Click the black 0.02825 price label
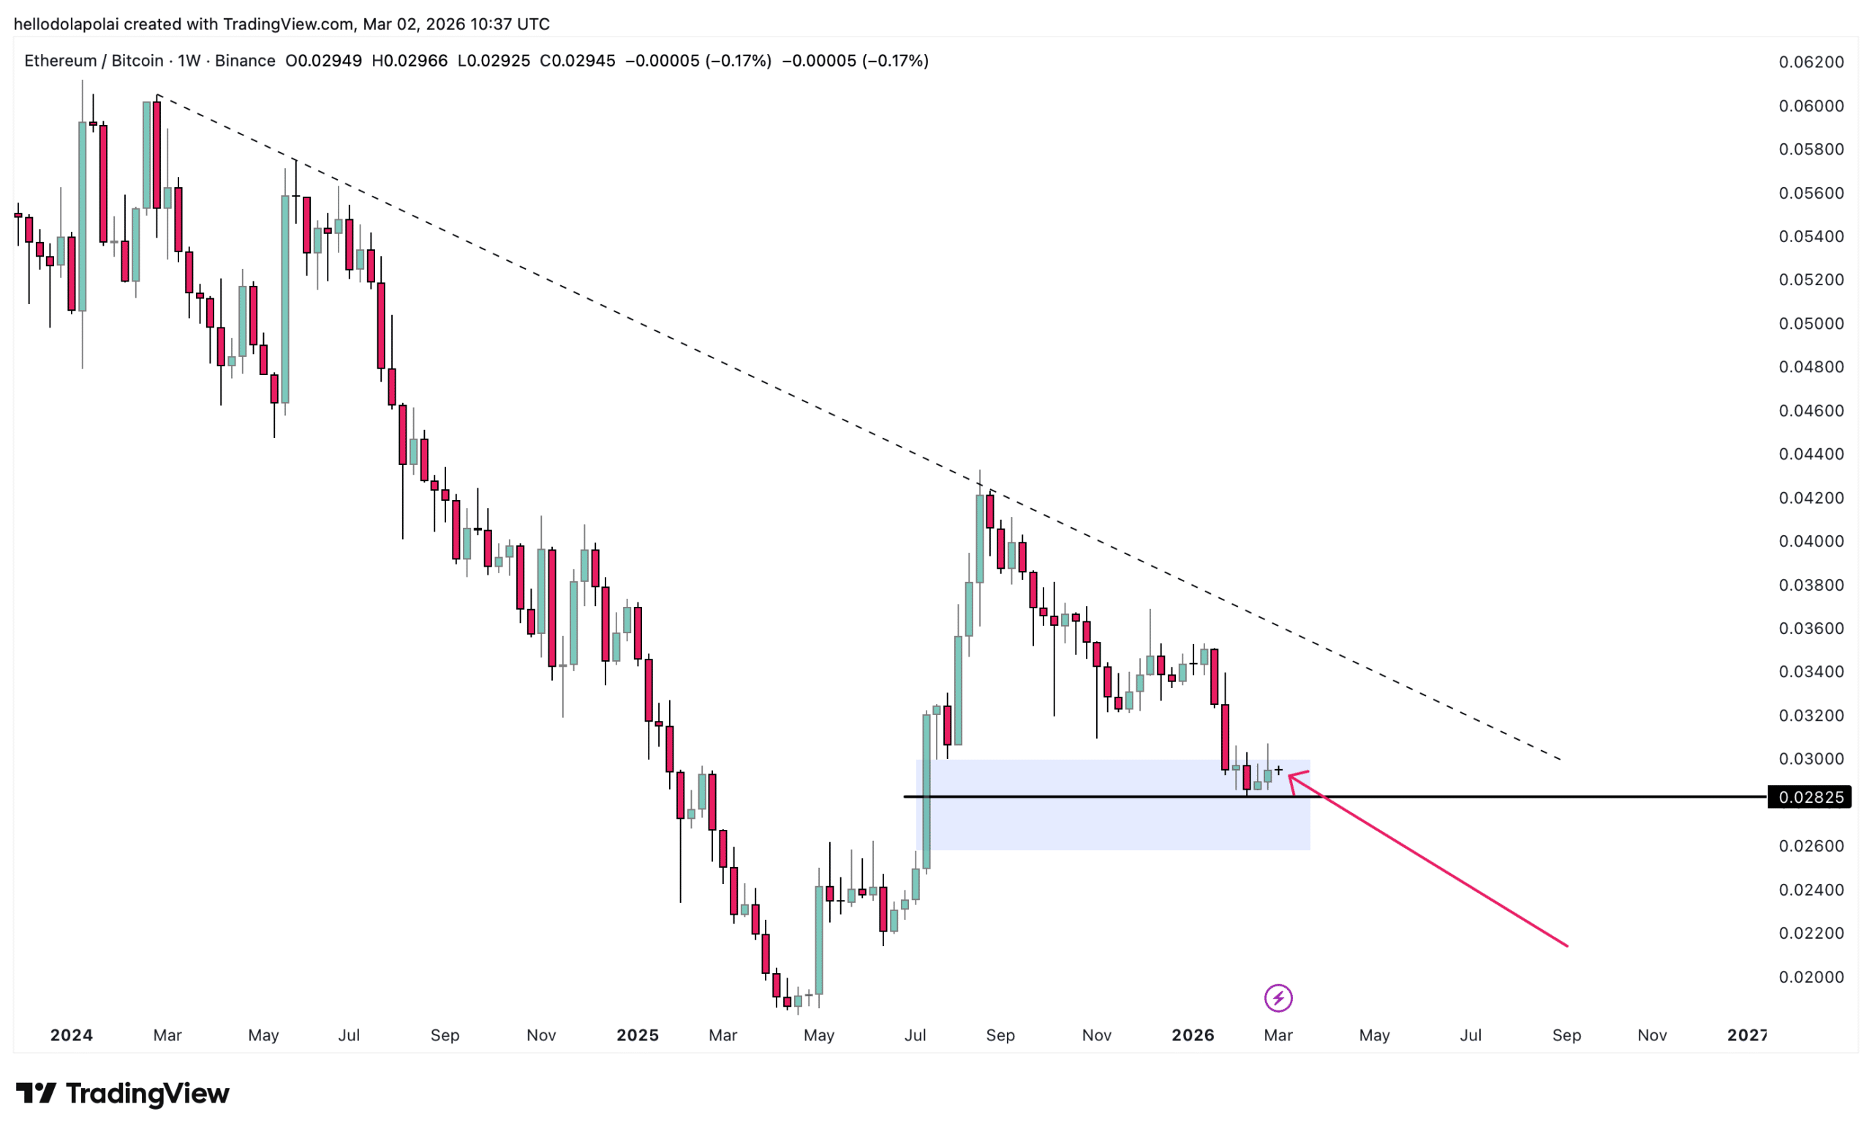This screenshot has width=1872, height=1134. [x=1811, y=797]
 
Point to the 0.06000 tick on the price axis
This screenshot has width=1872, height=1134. [x=1811, y=105]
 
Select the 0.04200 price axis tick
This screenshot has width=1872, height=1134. [x=1811, y=497]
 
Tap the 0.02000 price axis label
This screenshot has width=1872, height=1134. [x=1811, y=977]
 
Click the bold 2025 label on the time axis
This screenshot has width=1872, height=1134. [x=637, y=1035]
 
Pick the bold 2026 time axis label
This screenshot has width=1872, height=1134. [x=1193, y=1035]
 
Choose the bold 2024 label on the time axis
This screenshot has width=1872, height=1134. [x=72, y=1035]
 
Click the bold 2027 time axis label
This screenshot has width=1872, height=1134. [x=1747, y=1035]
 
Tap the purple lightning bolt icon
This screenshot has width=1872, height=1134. [x=1278, y=998]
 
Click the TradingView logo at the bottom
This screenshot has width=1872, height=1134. [x=122, y=1094]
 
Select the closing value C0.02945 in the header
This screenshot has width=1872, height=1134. [x=578, y=61]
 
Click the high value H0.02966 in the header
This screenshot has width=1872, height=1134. [x=409, y=61]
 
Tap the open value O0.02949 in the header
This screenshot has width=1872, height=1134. [x=324, y=61]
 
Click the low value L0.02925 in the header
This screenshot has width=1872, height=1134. [x=494, y=61]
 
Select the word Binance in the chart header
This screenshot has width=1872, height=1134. [x=245, y=61]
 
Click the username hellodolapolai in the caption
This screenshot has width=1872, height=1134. [x=66, y=24]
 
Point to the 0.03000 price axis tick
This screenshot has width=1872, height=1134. [x=1811, y=759]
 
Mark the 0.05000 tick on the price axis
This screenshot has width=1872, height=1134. [x=1811, y=324]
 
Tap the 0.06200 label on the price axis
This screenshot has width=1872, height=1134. [x=1811, y=62]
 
